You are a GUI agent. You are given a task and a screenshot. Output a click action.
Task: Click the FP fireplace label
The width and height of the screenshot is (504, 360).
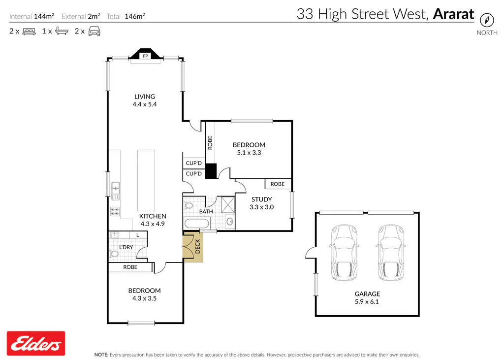coord(145,56)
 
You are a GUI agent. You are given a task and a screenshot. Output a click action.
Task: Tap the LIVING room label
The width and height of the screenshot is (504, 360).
coord(145,97)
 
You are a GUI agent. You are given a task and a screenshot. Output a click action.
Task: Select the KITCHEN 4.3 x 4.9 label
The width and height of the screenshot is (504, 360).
coord(153,220)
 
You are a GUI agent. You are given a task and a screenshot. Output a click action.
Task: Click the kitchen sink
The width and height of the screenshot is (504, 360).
coord(115,191)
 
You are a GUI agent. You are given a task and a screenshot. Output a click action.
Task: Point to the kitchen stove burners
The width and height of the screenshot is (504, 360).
coord(115,211)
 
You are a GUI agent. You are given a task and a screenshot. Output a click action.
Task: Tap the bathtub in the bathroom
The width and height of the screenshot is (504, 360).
coord(197,223)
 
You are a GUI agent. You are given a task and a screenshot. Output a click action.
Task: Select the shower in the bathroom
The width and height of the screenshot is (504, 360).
coord(228,204)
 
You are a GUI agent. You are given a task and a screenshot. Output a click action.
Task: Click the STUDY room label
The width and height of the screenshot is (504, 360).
coord(262,199)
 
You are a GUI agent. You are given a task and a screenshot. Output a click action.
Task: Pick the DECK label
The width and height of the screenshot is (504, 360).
coord(198,246)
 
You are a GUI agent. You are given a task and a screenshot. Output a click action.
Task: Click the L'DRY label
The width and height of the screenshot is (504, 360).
coord(126,247)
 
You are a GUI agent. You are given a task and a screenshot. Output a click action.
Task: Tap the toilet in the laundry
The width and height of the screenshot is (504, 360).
coord(114,254)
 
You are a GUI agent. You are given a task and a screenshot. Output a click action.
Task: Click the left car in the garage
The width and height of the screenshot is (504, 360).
coord(344,253)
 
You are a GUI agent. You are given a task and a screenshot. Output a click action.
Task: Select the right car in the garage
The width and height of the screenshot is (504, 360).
coord(391,253)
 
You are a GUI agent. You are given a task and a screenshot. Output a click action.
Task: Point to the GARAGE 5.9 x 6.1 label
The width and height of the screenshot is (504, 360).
coord(367,297)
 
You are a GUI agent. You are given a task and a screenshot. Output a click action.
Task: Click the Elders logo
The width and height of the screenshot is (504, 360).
coord(36,343)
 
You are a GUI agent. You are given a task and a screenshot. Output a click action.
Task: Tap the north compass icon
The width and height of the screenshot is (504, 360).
coord(487,20)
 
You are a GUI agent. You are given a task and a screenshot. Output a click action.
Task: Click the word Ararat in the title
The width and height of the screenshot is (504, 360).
coord(453,14)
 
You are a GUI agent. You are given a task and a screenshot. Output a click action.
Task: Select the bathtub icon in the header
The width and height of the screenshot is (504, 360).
coord(62,31)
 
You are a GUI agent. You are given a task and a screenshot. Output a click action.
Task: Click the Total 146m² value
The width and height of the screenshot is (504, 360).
coord(135,16)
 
